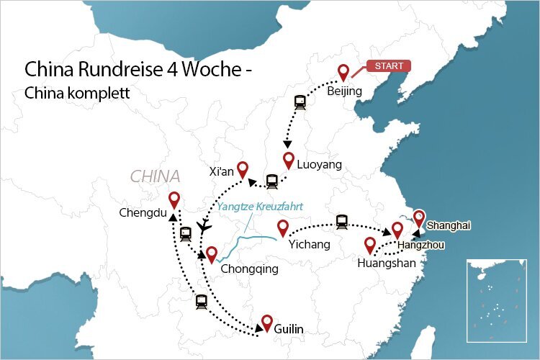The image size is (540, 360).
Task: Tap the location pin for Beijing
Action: click(343, 72)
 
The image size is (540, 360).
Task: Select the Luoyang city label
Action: click(319, 165)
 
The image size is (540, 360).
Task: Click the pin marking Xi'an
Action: click(243, 169)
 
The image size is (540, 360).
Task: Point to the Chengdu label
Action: click(143, 212)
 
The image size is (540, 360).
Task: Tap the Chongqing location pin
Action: click(211, 254)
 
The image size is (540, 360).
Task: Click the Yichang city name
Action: click(309, 245)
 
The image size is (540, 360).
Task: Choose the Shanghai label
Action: click(448, 225)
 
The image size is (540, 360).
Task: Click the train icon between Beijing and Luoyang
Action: click(300, 102)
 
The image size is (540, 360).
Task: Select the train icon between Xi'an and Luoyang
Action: click(271, 181)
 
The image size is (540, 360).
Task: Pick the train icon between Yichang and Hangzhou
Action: click(342, 222)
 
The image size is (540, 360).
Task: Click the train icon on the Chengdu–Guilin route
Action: click(200, 302)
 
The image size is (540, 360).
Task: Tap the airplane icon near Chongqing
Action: click(204, 226)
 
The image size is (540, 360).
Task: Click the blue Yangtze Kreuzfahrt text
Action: click(260, 207)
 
